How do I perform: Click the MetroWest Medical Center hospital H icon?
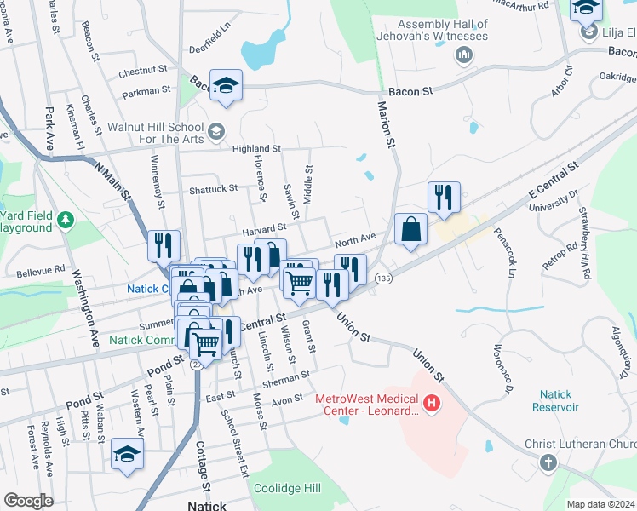pos(432,403)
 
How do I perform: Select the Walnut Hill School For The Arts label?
pos(156,132)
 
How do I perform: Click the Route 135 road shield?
pos(383,279)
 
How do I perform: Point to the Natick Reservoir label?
pos(560,400)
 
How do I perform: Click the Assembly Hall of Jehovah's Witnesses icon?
pos(464,56)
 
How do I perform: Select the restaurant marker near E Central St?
pos(443,198)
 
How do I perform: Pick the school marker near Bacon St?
pos(227,84)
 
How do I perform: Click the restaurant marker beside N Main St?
pos(163,245)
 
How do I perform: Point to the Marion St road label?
pos(387,124)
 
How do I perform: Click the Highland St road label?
pos(256,149)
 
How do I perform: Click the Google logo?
pos(28,501)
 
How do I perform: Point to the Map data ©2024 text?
pos(600,504)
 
